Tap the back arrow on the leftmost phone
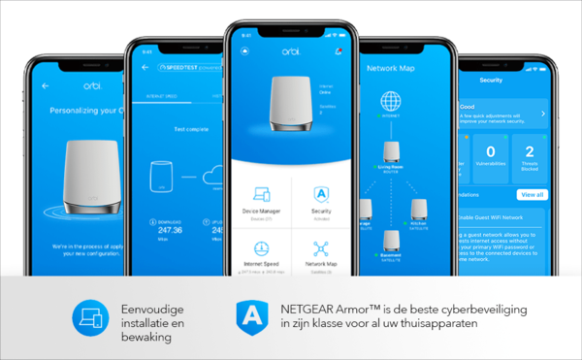pos(45,86)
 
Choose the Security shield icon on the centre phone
pos(319,192)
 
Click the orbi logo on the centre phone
pos(290,51)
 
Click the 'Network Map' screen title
pos(393,69)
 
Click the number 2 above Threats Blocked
pos(530,151)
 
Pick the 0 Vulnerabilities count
pos(491,151)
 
